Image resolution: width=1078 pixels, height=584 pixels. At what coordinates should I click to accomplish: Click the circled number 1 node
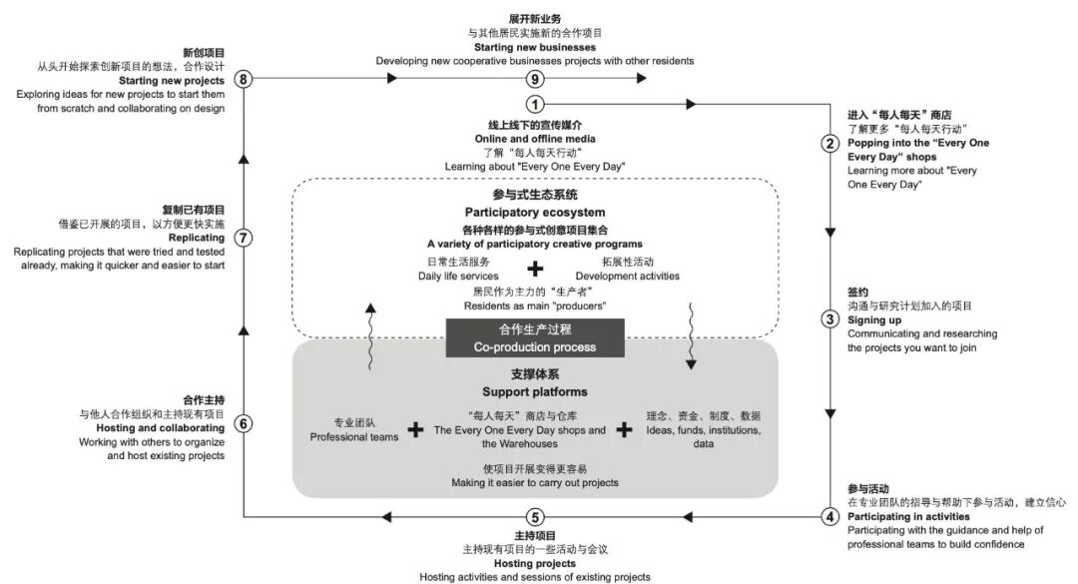(535, 104)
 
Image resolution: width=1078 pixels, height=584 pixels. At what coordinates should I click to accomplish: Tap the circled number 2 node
(828, 144)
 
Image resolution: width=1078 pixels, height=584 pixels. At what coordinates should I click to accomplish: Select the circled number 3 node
(828, 319)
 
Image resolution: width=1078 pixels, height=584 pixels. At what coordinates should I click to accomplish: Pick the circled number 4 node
(828, 517)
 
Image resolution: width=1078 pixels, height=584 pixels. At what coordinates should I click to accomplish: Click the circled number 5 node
(535, 517)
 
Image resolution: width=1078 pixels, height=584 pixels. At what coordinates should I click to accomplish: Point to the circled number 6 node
(244, 422)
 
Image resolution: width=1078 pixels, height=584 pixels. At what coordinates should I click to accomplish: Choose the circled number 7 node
(244, 239)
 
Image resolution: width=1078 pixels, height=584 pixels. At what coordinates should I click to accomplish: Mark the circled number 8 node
(244, 79)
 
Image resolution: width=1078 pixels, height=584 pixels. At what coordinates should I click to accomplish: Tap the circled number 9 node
(535, 79)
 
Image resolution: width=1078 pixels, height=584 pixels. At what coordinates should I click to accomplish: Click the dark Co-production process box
(535, 337)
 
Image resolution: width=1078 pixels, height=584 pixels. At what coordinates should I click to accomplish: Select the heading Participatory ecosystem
(535, 212)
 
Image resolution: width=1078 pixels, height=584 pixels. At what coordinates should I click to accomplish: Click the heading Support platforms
(535, 391)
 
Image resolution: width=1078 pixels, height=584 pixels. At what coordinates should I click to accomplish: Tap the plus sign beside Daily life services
(536, 268)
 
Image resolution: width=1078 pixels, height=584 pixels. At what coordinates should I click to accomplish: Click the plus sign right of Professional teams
(416, 429)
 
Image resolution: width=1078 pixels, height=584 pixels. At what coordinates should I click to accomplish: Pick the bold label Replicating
(196, 239)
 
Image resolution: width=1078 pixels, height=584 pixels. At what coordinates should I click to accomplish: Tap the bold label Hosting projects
(535, 563)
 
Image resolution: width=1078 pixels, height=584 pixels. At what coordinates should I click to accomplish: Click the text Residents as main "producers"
(535, 305)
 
